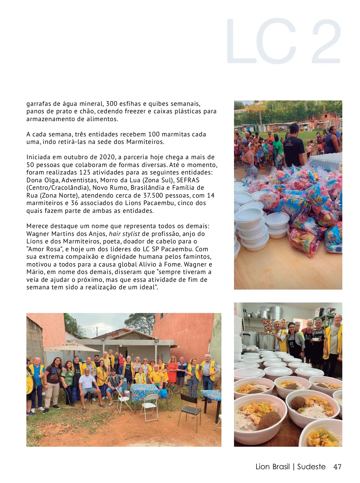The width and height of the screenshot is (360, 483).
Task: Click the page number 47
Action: coord(337,467)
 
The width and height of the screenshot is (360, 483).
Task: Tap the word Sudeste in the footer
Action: coord(311,467)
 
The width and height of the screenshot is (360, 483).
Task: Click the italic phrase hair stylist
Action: coord(124,234)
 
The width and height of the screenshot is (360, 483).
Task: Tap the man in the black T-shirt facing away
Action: coord(294,147)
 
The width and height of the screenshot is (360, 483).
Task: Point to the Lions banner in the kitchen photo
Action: coord(268,326)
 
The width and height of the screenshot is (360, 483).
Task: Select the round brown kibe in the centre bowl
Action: coord(298,403)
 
